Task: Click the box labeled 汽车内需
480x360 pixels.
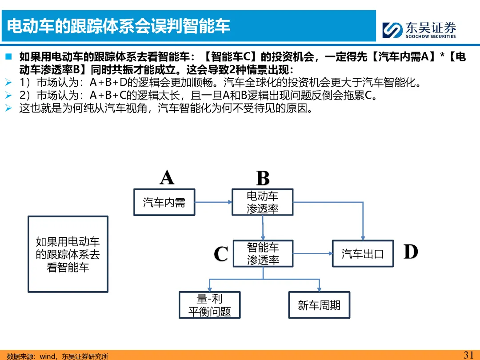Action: (x=164, y=203)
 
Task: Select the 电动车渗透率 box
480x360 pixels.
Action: (x=263, y=202)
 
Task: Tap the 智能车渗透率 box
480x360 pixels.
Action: (x=263, y=253)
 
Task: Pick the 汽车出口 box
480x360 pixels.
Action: (x=363, y=254)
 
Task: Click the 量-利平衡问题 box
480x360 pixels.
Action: (x=209, y=305)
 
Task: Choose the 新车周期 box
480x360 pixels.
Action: (x=319, y=305)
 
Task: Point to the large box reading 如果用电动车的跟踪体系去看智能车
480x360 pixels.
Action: (x=68, y=254)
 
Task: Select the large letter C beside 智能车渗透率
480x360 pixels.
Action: (x=221, y=254)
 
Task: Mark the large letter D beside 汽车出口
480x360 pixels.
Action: (x=411, y=252)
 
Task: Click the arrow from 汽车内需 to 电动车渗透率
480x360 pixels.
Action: (x=214, y=203)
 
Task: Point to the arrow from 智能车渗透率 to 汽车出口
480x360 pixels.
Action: (x=313, y=254)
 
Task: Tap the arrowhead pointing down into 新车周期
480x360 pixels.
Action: (x=319, y=289)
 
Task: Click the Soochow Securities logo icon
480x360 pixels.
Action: (x=392, y=30)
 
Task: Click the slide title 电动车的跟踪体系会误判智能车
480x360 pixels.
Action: (x=119, y=26)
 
